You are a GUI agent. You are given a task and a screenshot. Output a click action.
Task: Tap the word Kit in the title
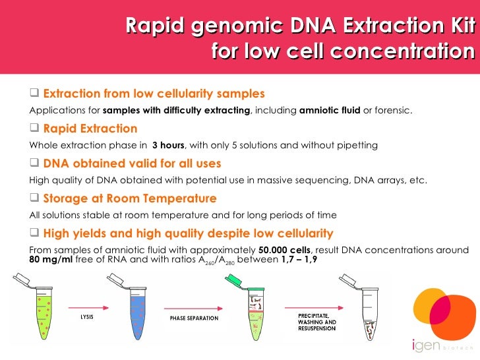(460, 26)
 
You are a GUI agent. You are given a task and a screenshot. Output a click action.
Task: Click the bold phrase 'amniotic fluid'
(329, 109)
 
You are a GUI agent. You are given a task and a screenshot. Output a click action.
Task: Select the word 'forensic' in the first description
(392, 109)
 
